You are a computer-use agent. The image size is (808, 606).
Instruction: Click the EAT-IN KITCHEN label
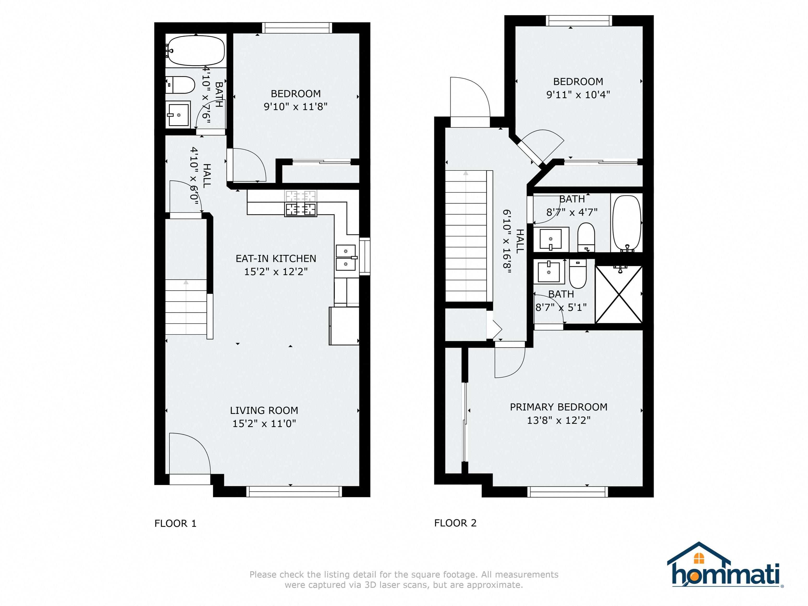click(x=276, y=259)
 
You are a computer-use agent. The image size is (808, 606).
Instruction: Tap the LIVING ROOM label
click(x=264, y=411)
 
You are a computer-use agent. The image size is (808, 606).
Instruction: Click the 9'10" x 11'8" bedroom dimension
click(x=296, y=107)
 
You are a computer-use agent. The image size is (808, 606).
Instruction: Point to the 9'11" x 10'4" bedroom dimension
click(x=578, y=95)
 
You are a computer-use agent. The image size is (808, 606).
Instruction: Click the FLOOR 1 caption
click(x=175, y=523)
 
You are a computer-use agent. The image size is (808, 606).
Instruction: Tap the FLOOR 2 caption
click(x=455, y=523)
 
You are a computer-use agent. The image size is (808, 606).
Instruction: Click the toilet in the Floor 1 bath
click(x=180, y=85)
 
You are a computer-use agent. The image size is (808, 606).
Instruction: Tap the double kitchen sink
click(x=346, y=258)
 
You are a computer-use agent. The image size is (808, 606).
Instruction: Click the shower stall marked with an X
click(x=619, y=295)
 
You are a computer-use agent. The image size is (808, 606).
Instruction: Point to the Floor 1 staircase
click(x=187, y=307)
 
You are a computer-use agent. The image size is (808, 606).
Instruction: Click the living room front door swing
click(x=190, y=453)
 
